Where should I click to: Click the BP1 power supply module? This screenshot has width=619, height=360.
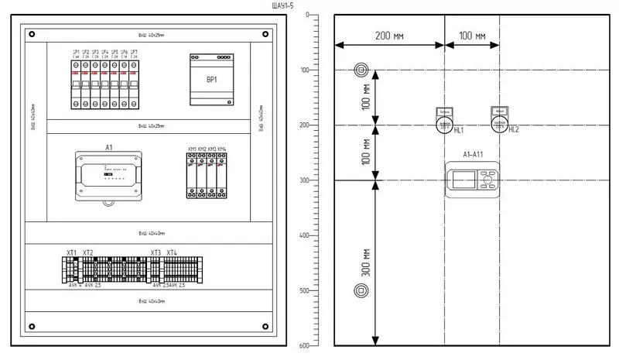[210, 80]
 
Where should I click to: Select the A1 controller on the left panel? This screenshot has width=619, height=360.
[109, 175]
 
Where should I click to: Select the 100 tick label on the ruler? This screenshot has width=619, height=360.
[304, 70]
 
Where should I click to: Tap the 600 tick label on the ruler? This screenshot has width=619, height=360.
[304, 345]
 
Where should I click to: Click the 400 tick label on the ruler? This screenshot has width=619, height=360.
[304, 235]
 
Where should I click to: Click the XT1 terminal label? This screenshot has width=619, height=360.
[71, 253]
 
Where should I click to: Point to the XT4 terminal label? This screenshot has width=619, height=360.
[171, 253]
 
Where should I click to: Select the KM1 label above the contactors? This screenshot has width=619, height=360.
[192, 148]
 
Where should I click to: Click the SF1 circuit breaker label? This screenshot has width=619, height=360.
[76, 52]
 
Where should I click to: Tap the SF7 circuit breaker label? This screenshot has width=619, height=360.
[135, 52]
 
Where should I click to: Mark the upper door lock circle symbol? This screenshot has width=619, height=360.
[361, 70]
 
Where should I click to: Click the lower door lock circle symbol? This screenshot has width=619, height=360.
[361, 291]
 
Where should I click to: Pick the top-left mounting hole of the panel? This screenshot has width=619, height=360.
[32, 33]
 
